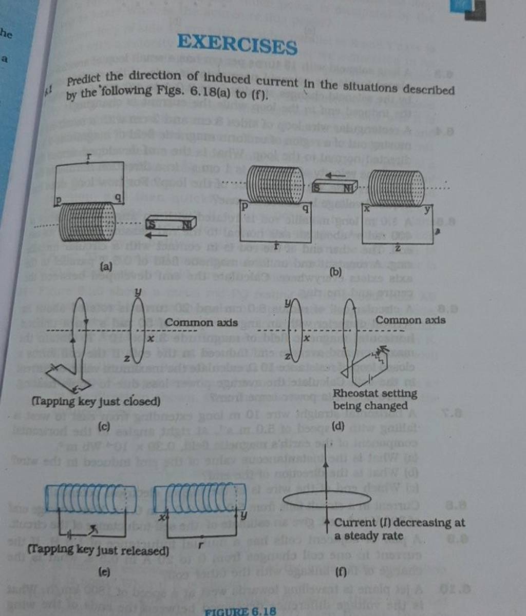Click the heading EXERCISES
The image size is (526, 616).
[x=237, y=45]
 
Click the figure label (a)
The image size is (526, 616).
[x=106, y=266]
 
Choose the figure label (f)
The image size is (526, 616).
[x=340, y=573]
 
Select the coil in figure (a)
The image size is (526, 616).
[x=87, y=221]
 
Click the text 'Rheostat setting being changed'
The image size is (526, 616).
[x=374, y=400]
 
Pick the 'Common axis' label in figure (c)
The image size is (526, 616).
[x=201, y=323]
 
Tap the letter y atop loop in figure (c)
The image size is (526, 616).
[x=138, y=292]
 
